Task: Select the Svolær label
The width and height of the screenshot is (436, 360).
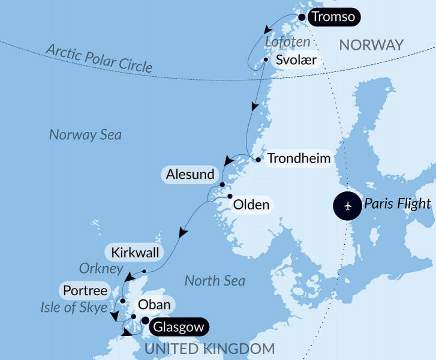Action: pos(296,61)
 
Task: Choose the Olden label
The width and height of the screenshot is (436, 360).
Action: pos(251,205)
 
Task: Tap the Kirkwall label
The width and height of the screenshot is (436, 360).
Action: pos(136,253)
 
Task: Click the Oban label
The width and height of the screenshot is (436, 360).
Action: pos(154,305)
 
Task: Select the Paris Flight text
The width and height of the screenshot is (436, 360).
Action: pos(397,203)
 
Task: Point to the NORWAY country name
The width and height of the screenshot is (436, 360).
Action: pos(371,45)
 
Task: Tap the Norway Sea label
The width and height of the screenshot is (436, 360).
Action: pos(85,134)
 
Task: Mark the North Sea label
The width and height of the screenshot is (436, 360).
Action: pos(215,280)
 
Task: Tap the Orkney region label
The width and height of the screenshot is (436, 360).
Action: pos(101,268)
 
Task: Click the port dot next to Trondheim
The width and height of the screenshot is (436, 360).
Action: pos(258,160)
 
